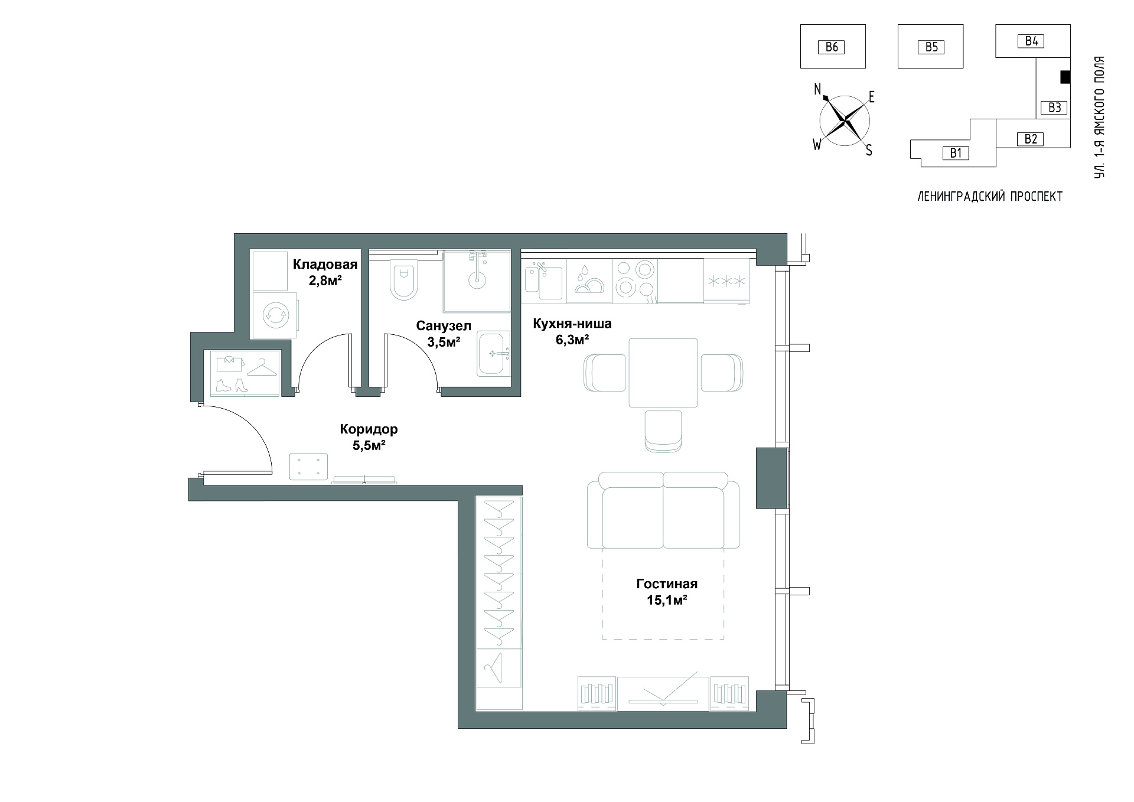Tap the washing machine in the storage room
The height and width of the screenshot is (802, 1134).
[275, 315]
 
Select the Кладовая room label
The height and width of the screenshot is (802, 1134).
[325, 265]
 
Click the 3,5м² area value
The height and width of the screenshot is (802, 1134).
[444, 341]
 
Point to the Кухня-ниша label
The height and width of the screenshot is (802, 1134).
[572, 324]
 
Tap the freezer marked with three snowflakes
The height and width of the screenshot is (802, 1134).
[726, 281]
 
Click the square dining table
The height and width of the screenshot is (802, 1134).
[663, 373]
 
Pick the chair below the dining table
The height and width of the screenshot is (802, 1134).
[663, 432]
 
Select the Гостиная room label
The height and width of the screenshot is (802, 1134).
[667, 584]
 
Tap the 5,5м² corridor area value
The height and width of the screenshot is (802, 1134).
[369, 445]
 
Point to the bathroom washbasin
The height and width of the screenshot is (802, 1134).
[494, 353]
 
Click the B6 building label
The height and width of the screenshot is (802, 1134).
[831, 47]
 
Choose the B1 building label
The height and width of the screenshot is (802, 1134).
[956, 154]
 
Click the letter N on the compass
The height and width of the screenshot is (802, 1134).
[818, 89]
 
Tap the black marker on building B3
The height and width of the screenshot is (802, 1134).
[1065, 77]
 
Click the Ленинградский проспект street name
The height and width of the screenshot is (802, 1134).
[990, 197]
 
